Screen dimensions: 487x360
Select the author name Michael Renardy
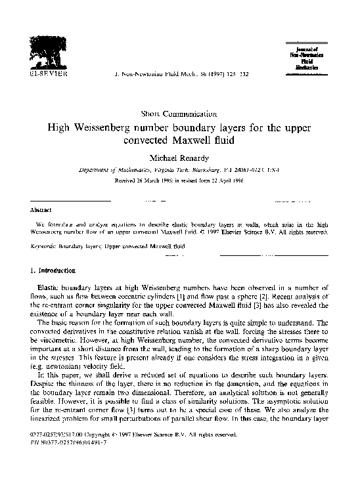[x=179, y=158]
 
